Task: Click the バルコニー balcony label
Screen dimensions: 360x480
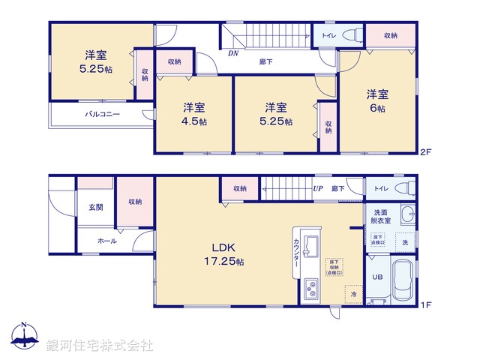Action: pyautogui.click(x=101, y=115)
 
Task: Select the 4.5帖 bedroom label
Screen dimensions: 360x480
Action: pyautogui.click(x=193, y=114)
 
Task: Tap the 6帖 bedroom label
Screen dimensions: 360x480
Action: pyautogui.click(x=376, y=101)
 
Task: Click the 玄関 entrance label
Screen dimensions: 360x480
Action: pyautogui.click(x=96, y=207)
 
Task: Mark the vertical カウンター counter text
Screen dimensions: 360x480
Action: pyautogui.click(x=295, y=258)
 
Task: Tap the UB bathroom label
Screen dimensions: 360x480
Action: pyautogui.click(x=378, y=276)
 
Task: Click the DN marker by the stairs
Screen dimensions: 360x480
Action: pyautogui.click(x=234, y=54)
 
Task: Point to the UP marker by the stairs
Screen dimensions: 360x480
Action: pyautogui.click(x=318, y=189)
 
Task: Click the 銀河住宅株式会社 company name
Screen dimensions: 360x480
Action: pyautogui.click(x=99, y=346)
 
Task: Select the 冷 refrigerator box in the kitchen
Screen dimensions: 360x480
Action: pyautogui.click(x=353, y=295)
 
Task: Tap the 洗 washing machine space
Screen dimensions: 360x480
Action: pyautogui.click(x=405, y=242)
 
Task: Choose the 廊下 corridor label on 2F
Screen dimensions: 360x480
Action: pyautogui.click(x=265, y=61)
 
